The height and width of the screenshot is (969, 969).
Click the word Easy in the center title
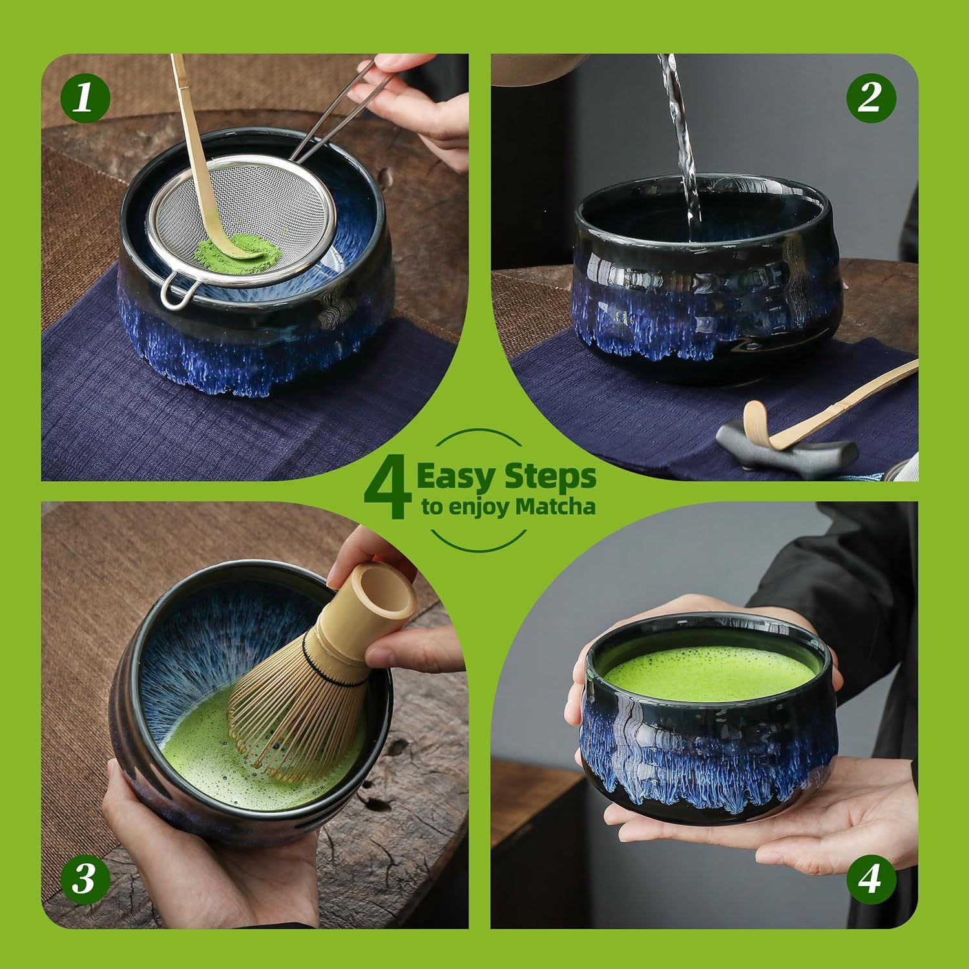pos(456,477)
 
